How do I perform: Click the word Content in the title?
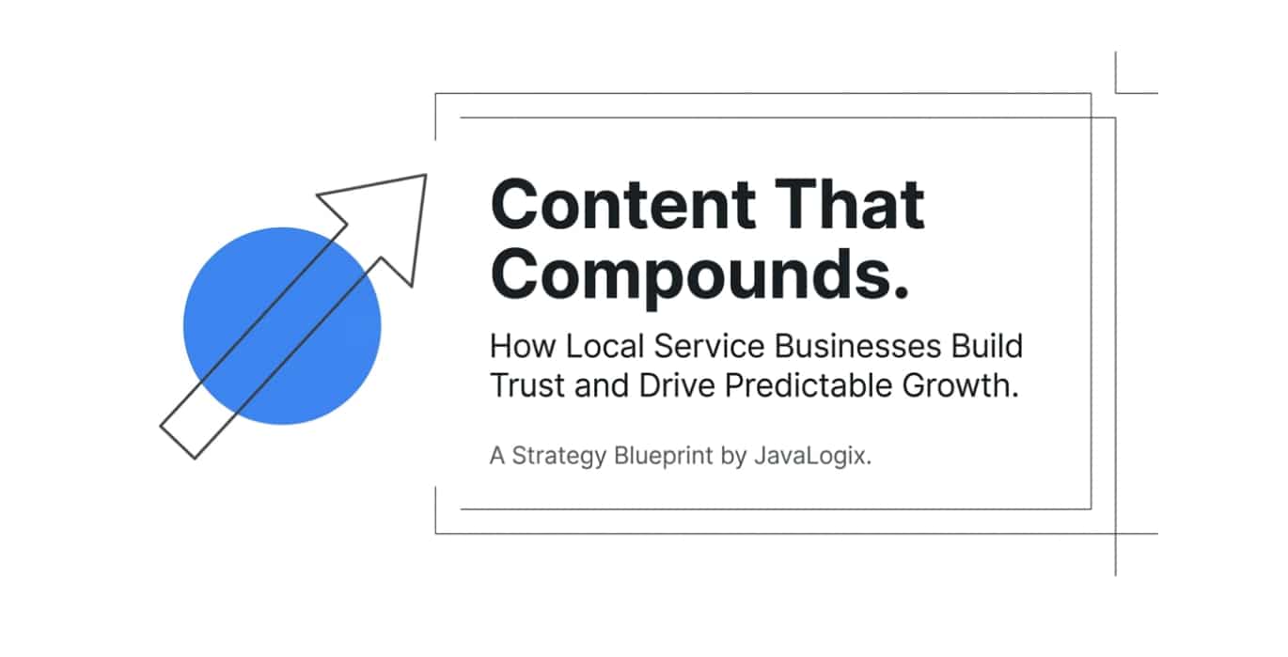pos(623,205)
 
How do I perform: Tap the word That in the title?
pos(850,204)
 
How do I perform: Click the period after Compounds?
pos(901,291)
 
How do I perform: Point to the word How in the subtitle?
pos(523,346)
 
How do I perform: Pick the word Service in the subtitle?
pos(709,346)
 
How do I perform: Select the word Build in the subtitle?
pos(987,346)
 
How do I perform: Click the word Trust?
pos(527,385)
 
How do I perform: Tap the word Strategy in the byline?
pos(558,457)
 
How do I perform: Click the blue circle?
pos(282,326)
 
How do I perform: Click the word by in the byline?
pos(733,457)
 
